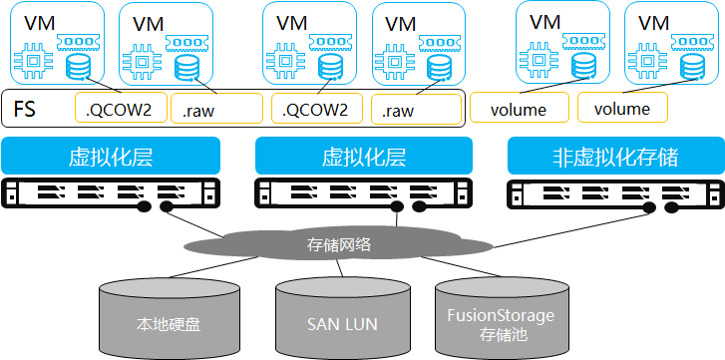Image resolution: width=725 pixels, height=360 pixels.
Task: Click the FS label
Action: [x=24, y=109]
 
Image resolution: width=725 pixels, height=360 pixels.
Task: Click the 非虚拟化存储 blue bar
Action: [x=614, y=157]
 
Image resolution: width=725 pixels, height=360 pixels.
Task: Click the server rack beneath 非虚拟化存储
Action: [x=614, y=192]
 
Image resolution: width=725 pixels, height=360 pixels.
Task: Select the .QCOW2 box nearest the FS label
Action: [x=114, y=109]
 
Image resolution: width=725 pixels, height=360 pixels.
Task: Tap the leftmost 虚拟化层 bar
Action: [x=111, y=157]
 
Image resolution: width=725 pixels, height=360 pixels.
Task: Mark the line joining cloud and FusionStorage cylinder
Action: [x=461, y=269]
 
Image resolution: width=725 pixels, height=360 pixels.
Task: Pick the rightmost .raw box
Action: [x=416, y=110]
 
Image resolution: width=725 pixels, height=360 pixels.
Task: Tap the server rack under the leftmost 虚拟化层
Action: [x=111, y=192]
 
